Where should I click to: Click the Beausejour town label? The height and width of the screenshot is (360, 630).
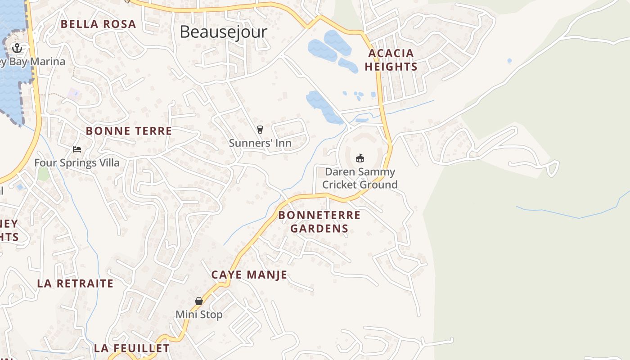(223, 32)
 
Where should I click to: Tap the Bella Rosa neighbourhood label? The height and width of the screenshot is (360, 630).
(98, 24)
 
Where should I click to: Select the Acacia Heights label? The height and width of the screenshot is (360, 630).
(391, 60)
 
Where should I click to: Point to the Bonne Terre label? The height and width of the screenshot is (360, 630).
(129, 131)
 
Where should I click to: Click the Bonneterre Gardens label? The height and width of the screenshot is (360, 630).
(319, 222)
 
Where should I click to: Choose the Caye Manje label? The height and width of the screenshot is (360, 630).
(249, 275)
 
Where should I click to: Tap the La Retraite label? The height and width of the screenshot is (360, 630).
(75, 283)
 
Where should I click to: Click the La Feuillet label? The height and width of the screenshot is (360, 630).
(132, 348)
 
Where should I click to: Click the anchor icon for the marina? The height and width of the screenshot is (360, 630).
(17, 48)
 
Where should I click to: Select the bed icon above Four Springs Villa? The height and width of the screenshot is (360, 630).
(77, 149)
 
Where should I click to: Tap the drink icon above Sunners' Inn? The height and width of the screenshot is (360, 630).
(260, 130)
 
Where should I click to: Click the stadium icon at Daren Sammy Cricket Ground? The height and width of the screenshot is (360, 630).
(360, 158)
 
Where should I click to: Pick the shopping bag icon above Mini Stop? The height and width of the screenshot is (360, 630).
(198, 301)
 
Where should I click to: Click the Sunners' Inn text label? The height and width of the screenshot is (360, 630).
(260, 143)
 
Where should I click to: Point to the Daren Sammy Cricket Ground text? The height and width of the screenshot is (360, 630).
(360, 178)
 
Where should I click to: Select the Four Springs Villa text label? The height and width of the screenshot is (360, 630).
(77, 162)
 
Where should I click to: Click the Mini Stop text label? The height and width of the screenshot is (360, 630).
(198, 315)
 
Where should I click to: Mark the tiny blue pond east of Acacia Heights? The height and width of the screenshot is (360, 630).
(509, 60)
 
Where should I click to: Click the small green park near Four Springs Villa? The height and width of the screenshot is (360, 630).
(43, 174)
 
